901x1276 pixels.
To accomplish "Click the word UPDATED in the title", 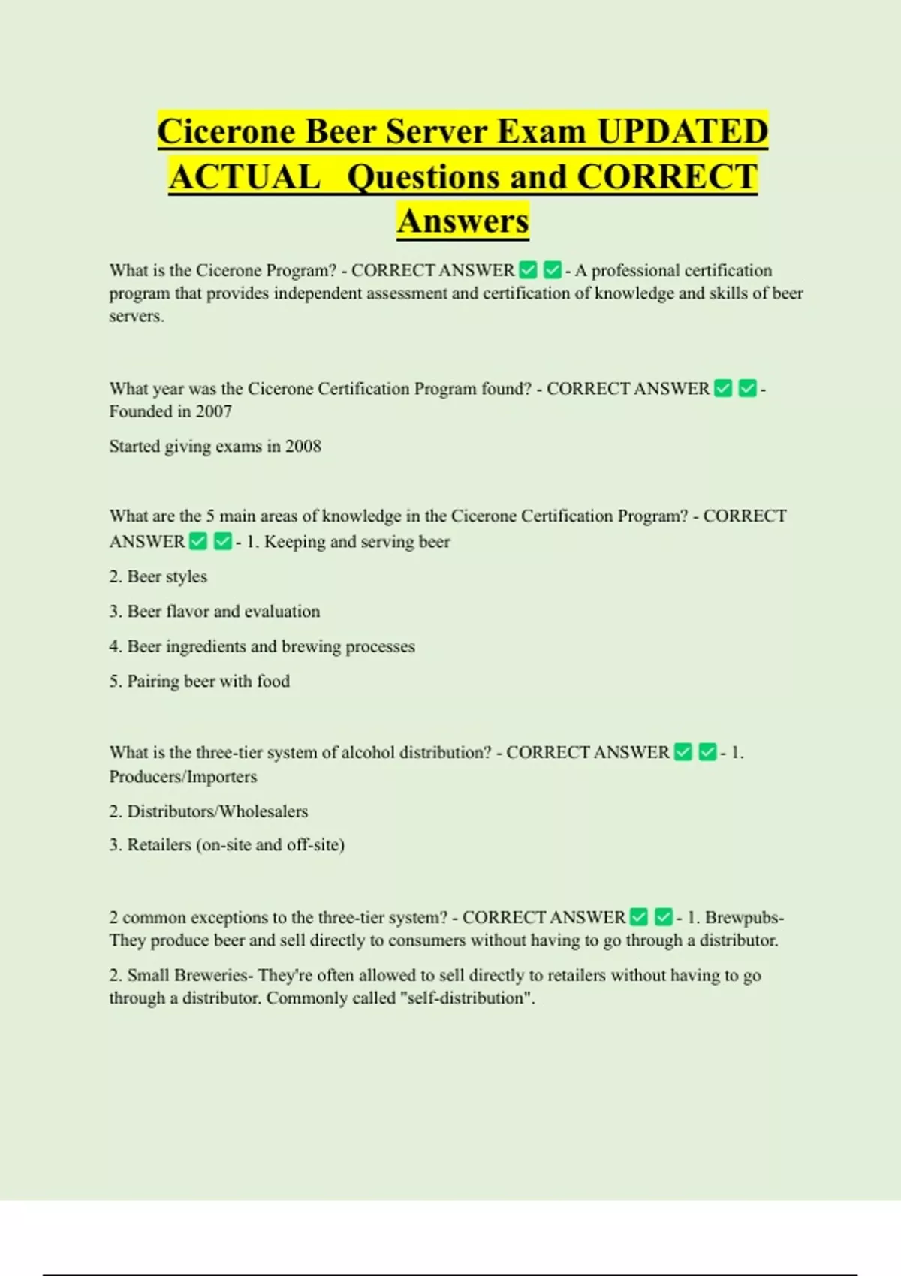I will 682,131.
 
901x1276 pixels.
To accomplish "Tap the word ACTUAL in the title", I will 245,177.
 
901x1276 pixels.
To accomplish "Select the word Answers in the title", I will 463,221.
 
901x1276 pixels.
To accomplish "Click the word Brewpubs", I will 742,917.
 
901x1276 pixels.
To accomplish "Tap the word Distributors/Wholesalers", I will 218,811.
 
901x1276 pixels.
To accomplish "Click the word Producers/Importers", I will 183,777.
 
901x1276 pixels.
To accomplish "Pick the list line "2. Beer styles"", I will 158,576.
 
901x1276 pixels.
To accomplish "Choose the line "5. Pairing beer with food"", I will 200,681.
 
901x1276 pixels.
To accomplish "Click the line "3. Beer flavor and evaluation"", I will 215,611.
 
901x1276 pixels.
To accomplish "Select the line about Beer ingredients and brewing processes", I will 262,646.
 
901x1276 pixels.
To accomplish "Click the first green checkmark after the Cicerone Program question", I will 529,269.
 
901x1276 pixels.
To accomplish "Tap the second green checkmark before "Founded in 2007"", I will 747,388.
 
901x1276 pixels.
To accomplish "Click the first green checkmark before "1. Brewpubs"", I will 639,917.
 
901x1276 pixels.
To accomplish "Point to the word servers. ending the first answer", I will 137,316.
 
